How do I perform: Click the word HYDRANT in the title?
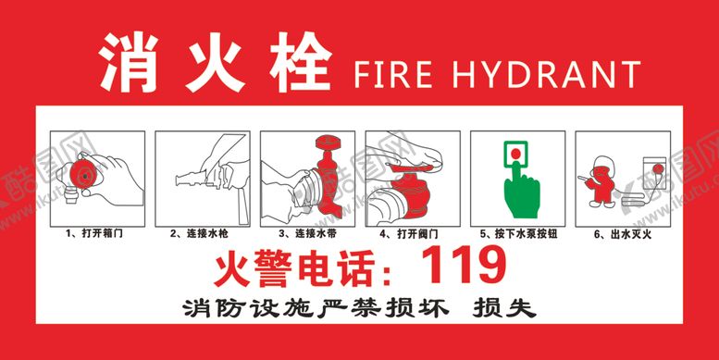tap(547, 74)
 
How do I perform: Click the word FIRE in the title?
tap(393, 74)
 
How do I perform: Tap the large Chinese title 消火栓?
tap(216, 62)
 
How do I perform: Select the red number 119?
tap(464, 265)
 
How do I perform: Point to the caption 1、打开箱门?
tap(95, 234)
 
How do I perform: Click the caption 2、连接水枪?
tap(200, 234)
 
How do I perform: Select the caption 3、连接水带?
tap(308, 234)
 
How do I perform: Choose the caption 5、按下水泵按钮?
tap(519, 234)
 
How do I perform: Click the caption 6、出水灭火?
tap(623, 235)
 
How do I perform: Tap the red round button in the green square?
tap(516, 154)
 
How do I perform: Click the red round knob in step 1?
tap(84, 175)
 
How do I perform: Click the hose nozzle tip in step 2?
tap(180, 179)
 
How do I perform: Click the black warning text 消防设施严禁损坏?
tap(316, 308)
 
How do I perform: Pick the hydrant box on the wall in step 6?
tap(654, 174)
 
